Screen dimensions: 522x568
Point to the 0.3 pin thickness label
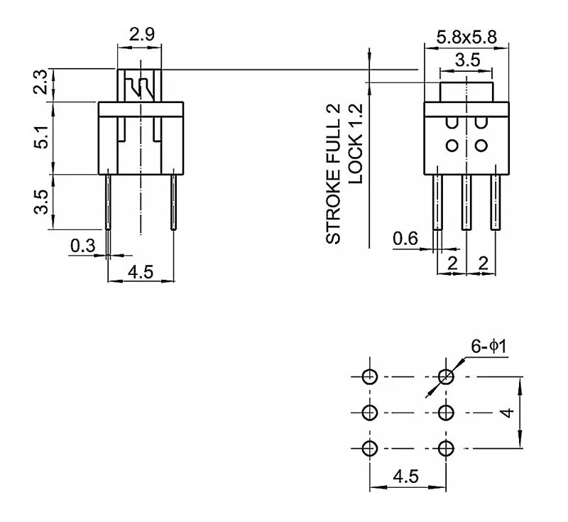coord(82,246)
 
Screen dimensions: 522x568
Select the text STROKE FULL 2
coord(334,175)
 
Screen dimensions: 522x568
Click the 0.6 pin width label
coord(405,239)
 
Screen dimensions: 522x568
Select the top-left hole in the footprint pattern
coord(369,376)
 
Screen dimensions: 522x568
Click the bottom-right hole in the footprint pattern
coord(446,448)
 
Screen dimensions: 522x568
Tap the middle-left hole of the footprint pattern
coord(369,412)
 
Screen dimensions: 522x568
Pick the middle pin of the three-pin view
coord(466,202)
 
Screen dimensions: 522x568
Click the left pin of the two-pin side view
coord(109,202)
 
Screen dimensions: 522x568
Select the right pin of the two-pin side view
coord(173,202)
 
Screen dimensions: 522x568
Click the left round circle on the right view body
coord(452,146)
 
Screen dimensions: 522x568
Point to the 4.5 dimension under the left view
coord(140,272)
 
